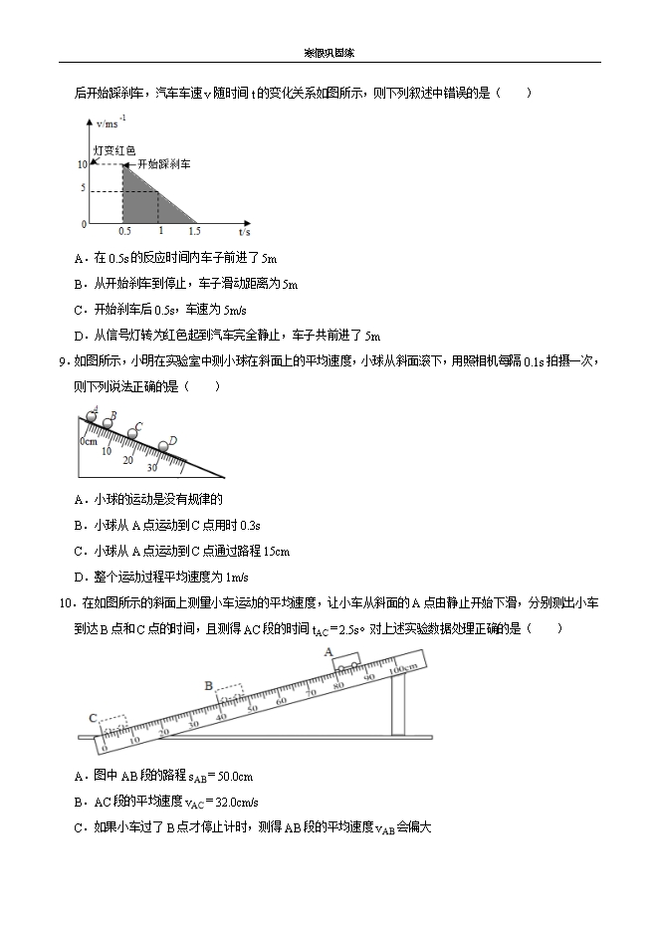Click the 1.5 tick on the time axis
pos(194,231)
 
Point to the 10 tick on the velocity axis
pos(81,164)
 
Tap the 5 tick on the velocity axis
pos(84,189)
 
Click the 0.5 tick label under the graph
pos(124,231)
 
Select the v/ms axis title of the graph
pos(109,124)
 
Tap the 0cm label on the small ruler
pos(89,440)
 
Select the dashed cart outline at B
pos(228,694)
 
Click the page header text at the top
pos(329,54)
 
